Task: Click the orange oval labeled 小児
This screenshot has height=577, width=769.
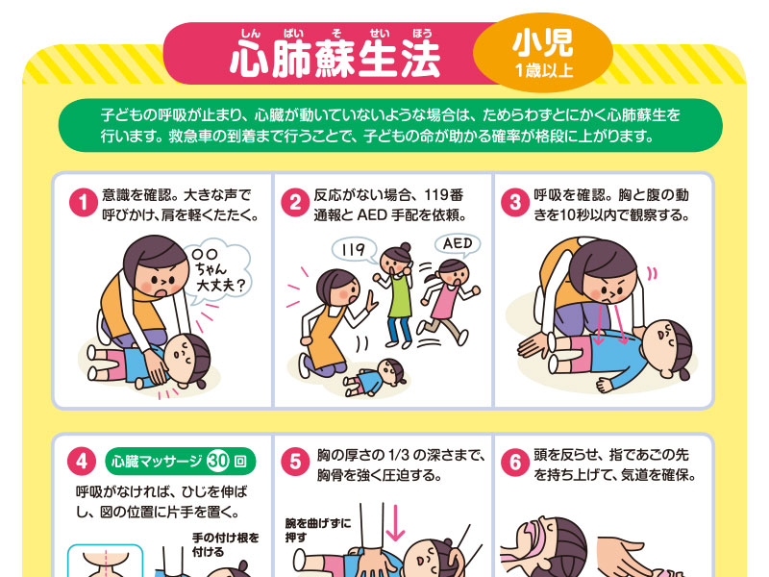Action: (x=543, y=53)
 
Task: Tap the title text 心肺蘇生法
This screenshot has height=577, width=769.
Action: (x=335, y=59)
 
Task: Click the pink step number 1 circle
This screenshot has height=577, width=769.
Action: (x=84, y=203)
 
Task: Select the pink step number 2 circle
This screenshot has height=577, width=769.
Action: (x=295, y=203)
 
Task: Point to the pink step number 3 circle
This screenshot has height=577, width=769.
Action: (x=515, y=203)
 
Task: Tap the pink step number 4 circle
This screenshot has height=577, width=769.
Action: (x=82, y=462)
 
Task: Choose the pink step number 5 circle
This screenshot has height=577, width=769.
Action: (x=295, y=462)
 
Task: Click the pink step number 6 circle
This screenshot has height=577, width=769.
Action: (x=515, y=462)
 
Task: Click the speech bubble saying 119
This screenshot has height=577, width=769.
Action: (x=354, y=250)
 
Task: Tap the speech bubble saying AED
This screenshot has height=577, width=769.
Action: (x=458, y=245)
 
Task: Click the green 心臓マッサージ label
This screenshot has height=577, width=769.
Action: (x=181, y=462)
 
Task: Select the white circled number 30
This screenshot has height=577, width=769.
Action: (x=218, y=462)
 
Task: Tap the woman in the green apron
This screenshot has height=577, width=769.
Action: (x=397, y=294)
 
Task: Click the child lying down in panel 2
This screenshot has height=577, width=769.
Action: (x=375, y=378)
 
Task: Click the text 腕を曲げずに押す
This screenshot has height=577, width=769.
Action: (x=318, y=531)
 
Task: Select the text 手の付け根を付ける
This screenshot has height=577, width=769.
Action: (x=226, y=544)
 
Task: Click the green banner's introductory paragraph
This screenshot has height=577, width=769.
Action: (x=390, y=126)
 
